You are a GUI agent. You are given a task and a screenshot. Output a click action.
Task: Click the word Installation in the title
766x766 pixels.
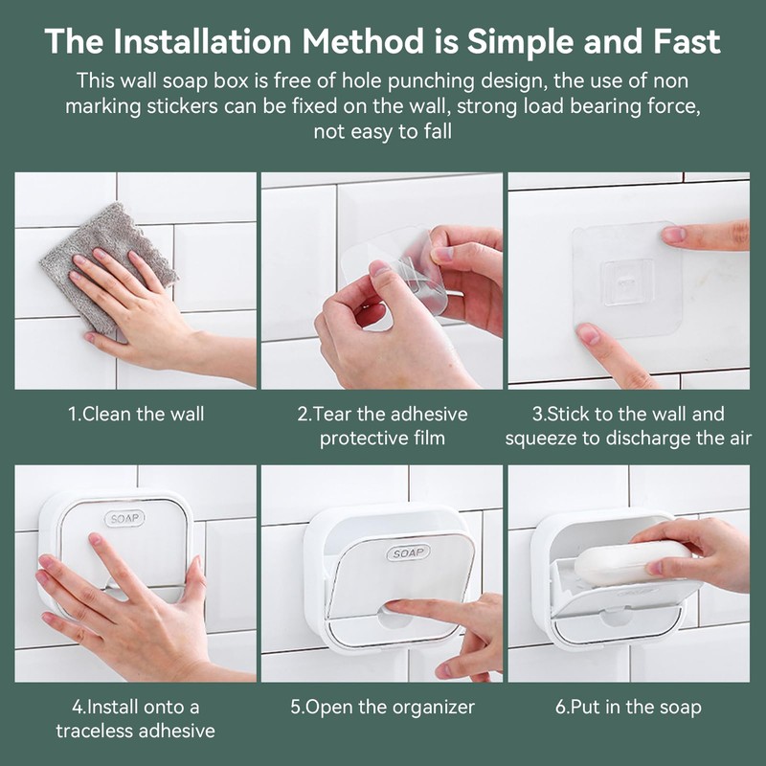click(x=202, y=41)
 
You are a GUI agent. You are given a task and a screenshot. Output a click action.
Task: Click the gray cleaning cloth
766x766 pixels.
click(x=107, y=266)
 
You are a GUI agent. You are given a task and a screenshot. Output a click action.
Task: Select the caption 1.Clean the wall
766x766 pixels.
click(x=136, y=415)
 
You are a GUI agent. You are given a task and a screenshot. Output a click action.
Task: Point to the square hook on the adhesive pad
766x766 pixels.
click(x=627, y=282)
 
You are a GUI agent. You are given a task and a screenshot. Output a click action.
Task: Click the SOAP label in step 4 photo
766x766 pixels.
click(x=124, y=518)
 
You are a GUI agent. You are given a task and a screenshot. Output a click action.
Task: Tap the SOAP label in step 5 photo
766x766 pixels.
click(x=409, y=552)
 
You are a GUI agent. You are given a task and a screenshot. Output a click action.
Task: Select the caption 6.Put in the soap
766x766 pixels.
click(x=628, y=707)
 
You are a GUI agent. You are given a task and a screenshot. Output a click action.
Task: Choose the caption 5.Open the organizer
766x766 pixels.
click(x=382, y=707)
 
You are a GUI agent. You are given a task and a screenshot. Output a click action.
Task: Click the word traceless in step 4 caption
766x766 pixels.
click(x=94, y=731)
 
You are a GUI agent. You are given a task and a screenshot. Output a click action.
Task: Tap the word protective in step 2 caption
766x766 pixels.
click(x=360, y=439)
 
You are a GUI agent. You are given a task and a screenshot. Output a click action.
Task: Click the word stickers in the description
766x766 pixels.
click(x=183, y=106)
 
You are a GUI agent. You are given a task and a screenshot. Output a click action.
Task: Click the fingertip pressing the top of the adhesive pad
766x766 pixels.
click(x=673, y=235)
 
